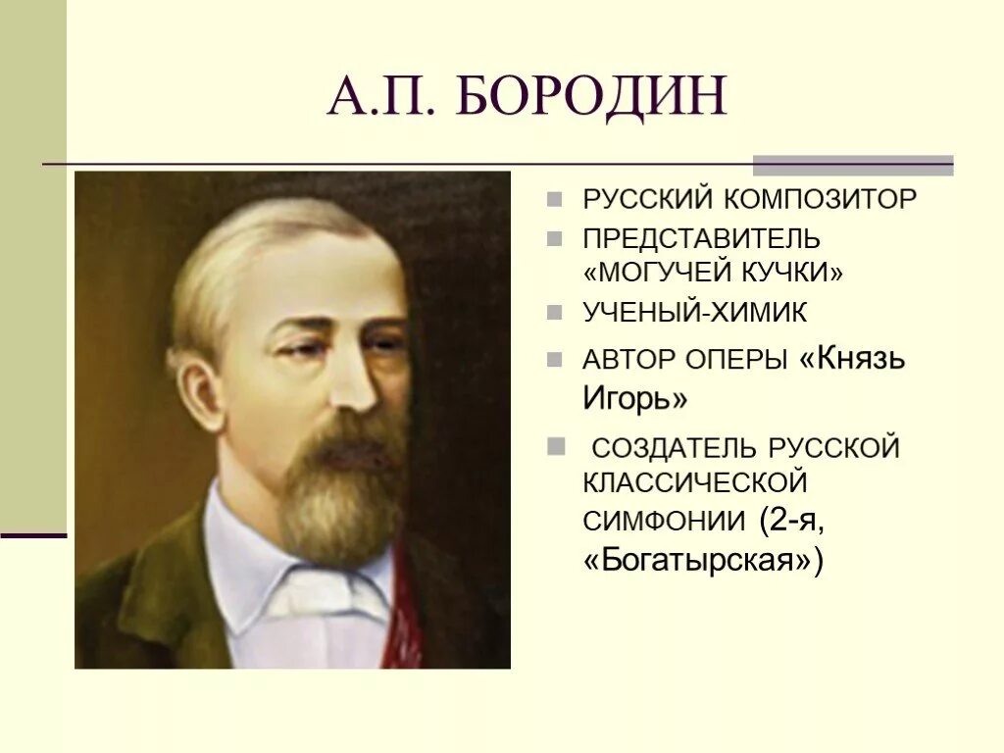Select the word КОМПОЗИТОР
click(x=822, y=199)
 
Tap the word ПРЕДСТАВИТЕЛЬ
click(x=701, y=239)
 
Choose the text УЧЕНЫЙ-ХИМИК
click(x=695, y=313)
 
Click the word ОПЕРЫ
click(x=743, y=360)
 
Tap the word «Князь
click(x=853, y=359)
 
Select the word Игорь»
click(x=634, y=399)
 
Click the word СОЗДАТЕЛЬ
click(x=675, y=448)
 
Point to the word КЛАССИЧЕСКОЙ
click(x=694, y=482)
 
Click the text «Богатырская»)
click(x=703, y=561)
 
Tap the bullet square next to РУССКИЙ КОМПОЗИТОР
click(x=556, y=199)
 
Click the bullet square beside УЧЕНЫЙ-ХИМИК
click(x=556, y=313)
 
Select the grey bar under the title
click(x=852, y=165)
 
